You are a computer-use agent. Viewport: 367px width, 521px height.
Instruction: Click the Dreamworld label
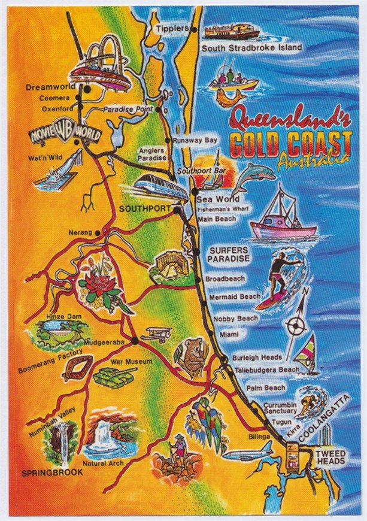click(49, 87)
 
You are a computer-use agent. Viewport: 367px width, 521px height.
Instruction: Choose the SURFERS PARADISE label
click(228, 254)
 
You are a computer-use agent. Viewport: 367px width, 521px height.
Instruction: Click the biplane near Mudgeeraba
click(157, 333)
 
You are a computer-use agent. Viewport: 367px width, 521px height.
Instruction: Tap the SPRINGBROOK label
click(51, 472)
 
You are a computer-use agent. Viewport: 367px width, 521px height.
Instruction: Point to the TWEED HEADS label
click(330, 457)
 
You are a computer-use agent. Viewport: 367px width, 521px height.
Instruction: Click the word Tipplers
click(172, 28)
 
